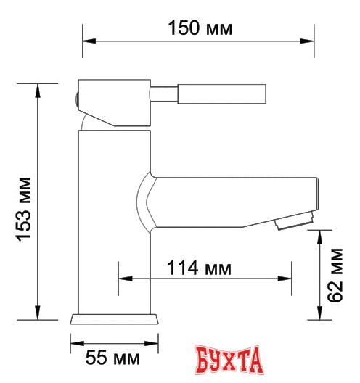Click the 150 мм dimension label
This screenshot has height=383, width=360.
pos(200,28)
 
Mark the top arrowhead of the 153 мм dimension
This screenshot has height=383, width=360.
pos(36,87)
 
